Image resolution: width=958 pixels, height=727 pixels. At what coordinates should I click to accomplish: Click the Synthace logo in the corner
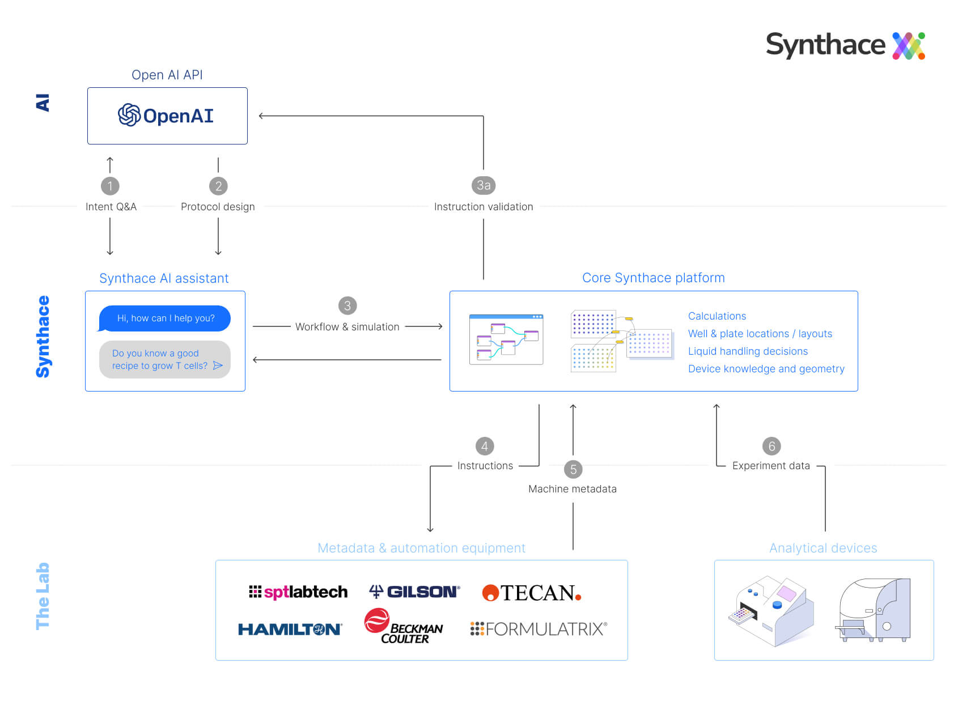[x=845, y=45]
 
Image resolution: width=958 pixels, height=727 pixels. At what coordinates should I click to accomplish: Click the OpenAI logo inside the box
[x=166, y=116]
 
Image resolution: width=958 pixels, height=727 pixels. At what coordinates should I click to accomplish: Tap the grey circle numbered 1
[x=110, y=186]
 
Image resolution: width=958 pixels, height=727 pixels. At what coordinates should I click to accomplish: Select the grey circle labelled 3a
[x=483, y=185]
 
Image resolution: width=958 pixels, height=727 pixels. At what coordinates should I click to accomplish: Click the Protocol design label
[x=218, y=207]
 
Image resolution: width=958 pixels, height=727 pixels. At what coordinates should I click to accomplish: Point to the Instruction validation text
[x=483, y=207]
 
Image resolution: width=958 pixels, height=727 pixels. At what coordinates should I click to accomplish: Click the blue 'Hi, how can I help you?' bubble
[x=165, y=318]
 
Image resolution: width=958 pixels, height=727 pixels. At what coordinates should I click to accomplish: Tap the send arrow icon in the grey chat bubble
[x=218, y=365]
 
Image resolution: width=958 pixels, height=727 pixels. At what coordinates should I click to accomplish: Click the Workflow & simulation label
[x=347, y=327]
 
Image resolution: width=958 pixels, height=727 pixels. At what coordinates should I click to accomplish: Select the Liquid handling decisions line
[x=748, y=351]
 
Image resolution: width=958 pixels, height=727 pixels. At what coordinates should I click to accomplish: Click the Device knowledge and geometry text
[x=766, y=369]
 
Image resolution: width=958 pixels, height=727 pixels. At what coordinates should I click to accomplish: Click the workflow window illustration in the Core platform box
[x=506, y=339]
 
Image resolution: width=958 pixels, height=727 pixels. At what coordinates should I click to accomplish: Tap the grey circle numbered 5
[x=573, y=469]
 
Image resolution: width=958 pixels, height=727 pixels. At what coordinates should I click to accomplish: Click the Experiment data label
[x=770, y=466]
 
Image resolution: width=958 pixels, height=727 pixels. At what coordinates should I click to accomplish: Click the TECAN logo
[x=531, y=593]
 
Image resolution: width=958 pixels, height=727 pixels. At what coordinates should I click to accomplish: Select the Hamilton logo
[x=290, y=629]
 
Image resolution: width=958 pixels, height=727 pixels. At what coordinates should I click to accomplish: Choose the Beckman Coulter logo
[x=404, y=627]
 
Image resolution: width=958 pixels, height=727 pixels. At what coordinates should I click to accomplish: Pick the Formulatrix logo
[x=539, y=629]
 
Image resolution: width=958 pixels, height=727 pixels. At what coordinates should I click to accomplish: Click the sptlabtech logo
[x=298, y=592]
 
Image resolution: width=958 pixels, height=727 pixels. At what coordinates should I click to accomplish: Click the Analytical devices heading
[x=823, y=548]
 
